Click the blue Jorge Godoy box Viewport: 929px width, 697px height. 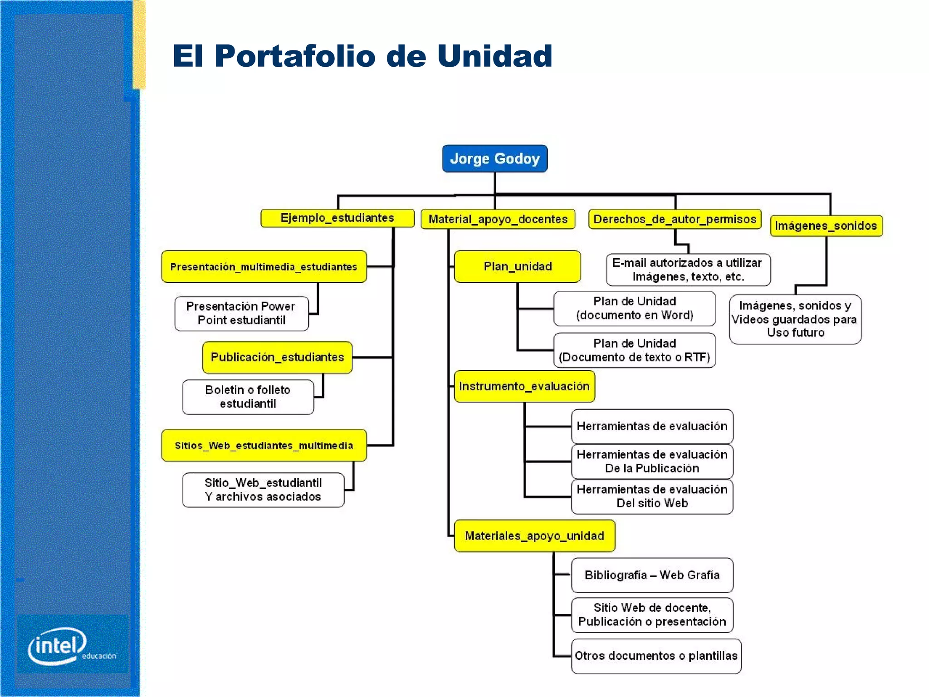click(494, 158)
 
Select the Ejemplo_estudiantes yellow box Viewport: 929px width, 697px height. click(337, 218)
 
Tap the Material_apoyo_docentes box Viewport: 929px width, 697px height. click(498, 219)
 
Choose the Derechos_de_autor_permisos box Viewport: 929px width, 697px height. click(675, 219)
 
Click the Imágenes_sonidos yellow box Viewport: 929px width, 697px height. click(826, 226)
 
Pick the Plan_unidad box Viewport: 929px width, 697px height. click(517, 266)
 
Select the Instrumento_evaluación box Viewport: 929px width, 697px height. click(524, 386)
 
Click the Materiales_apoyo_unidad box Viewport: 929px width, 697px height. click(534, 536)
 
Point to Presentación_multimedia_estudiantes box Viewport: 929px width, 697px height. click(264, 267)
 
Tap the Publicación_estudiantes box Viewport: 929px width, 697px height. click(277, 357)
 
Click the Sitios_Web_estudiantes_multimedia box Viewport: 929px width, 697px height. click(264, 446)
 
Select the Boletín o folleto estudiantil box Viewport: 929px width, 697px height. click(248, 397)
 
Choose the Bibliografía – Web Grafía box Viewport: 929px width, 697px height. click(652, 575)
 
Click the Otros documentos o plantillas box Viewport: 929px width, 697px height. click(656, 656)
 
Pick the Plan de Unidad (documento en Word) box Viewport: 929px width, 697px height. click(634, 309)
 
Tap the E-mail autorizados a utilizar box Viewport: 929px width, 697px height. click(688, 270)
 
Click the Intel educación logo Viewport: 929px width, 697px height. click(68, 645)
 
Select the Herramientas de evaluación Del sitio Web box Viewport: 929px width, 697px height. click(652, 496)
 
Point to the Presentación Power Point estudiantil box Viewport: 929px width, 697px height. click(241, 313)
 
